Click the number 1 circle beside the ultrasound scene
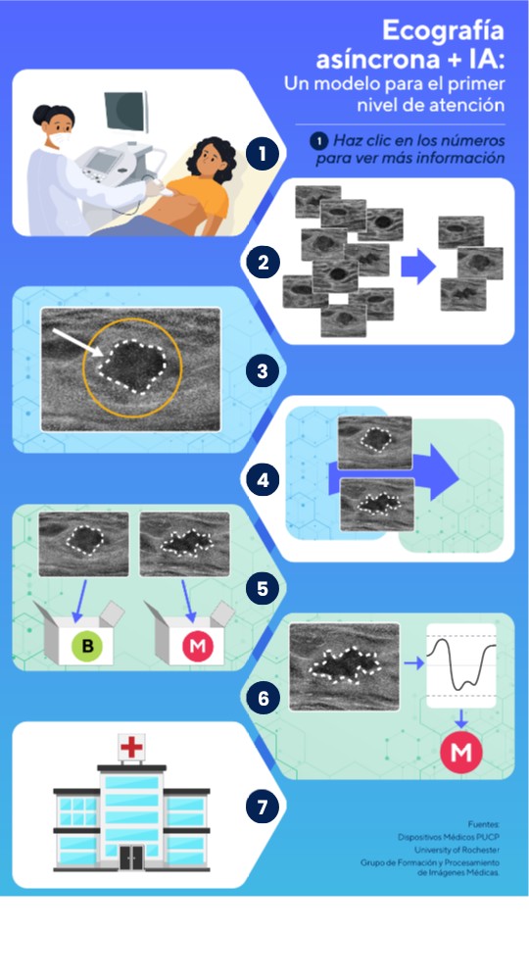coord(263,154)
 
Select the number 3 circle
coord(263,371)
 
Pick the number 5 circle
coord(263,589)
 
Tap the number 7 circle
coord(263,807)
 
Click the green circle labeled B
coord(87,646)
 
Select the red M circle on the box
coord(198,646)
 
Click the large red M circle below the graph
coord(461,752)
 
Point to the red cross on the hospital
coord(132,746)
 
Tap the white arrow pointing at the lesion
coord(78,343)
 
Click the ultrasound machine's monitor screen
coord(125,112)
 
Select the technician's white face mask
coord(61,140)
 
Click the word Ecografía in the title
coord(443,30)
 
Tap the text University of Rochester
coord(457,850)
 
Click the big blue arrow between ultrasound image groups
coord(418,267)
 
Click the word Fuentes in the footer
coord(484,824)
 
